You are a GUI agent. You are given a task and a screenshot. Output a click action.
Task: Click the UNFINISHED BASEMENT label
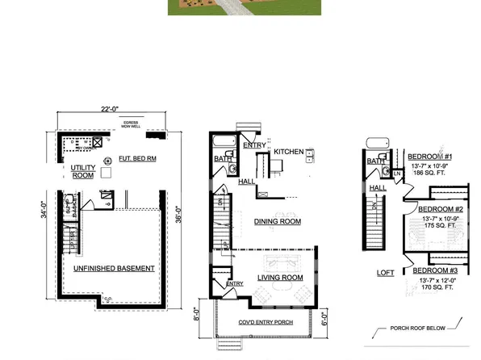(x=114, y=267)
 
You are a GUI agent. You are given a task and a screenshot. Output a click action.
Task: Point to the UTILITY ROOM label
(x=84, y=171)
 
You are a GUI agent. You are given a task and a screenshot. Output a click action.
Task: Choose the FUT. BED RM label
(x=136, y=158)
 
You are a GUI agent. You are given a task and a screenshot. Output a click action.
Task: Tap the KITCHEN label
(x=289, y=152)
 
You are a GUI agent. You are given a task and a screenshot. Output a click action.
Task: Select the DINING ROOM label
(x=277, y=221)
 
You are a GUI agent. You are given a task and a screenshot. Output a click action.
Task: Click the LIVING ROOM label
(x=280, y=278)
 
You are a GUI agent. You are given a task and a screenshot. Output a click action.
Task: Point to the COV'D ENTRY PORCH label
(x=265, y=322)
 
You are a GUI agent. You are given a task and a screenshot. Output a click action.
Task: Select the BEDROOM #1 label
(x=429, y=156)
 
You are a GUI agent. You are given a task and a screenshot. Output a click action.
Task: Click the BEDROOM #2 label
(x=441, y=208)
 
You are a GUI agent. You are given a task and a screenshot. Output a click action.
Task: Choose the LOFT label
(x=386, y=273)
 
